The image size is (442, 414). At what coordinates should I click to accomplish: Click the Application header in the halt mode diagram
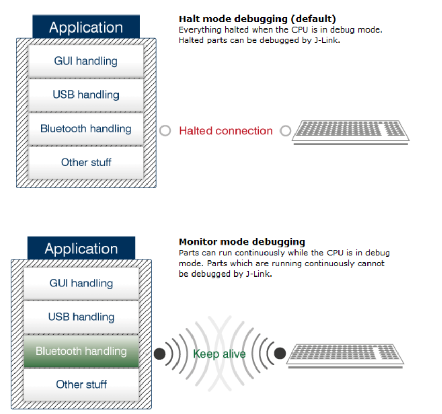[x=86, y=27]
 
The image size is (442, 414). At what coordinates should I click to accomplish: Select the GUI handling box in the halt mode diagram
[x=86, y=61]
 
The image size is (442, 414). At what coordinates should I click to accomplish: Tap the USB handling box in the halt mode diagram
[x=86, y=95]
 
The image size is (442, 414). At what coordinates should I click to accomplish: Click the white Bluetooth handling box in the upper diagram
[x=86, y=129]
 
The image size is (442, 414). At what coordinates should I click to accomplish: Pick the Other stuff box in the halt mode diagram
[x=86, y=162]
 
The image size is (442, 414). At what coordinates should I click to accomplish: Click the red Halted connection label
[x=225, y=131]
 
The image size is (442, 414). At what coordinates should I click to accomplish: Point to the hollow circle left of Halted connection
[x=165, y=131]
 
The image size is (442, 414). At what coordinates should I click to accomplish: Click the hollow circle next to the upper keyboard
[x=285, y=131]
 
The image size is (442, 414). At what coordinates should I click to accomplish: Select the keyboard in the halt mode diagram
[x=351, y=131]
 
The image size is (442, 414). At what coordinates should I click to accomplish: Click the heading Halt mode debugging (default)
[x=257, y=20]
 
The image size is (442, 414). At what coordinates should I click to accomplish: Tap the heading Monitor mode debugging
[x=242, y=241]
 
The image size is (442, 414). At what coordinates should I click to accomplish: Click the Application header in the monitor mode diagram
[x=81, y=249]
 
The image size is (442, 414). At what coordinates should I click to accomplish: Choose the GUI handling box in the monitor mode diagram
[x=81, y=283]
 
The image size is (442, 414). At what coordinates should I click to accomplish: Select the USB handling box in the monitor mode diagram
[x=81, y=317]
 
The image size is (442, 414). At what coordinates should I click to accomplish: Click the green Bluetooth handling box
[x=81, y=351]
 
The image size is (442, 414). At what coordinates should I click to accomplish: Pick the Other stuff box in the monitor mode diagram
[x=81, y=385]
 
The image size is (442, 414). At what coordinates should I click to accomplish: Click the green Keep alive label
[x=219, y=354]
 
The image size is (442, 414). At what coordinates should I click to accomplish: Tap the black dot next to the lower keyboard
[x=280, y=354]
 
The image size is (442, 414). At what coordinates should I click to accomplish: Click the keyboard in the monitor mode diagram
[x=345, y=354]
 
